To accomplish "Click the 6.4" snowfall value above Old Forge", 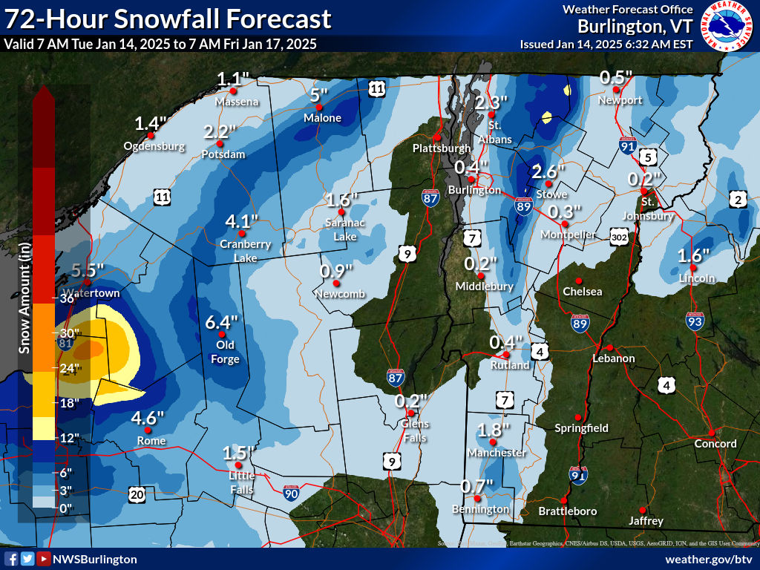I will tap(222, 323).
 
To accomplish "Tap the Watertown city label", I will tap(91, 293).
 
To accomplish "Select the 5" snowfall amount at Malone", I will tap(318, 95).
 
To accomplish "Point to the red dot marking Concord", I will tap(711, 433).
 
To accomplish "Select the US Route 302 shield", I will tap(620, 237).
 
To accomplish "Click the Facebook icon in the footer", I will tap(11, 559).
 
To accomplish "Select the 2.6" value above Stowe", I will tap(548, 171).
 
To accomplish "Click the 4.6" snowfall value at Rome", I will tap(147, 418).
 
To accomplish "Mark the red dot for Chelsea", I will tap(578, 281).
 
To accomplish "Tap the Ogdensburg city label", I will tap(154, 146).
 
